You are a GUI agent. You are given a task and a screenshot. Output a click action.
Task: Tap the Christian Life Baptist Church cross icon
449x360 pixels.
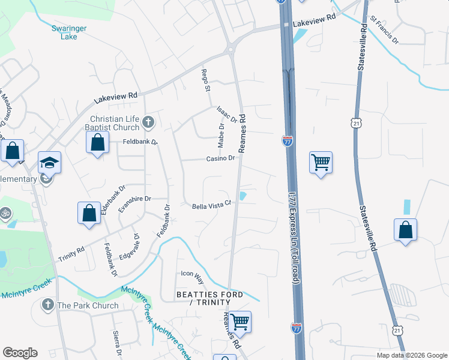149,124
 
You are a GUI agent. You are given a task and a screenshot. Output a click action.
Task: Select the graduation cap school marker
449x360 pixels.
50,162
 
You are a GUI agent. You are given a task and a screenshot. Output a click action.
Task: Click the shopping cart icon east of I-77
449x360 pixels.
321,161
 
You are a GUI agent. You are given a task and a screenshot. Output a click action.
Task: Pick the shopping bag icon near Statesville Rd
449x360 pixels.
406,229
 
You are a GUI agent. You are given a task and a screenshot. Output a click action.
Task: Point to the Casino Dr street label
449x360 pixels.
221,158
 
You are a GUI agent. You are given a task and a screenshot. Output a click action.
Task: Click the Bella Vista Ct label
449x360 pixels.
211,206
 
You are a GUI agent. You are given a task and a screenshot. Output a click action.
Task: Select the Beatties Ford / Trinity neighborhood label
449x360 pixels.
209,298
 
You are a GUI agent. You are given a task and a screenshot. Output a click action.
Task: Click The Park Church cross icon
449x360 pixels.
47,305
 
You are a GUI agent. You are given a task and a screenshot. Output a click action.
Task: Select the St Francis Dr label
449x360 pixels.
384,31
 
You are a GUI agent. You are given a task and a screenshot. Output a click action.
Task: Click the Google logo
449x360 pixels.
20,353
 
